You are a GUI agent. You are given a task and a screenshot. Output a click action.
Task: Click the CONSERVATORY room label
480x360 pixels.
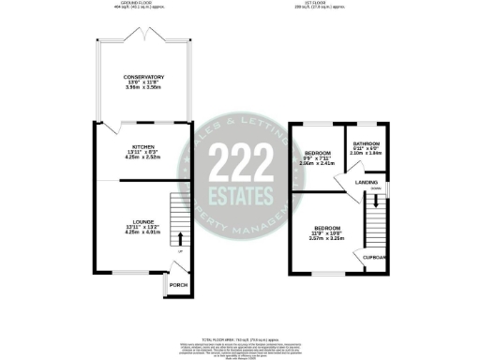[143, 76]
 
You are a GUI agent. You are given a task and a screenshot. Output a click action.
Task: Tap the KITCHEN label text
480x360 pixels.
[143, 147]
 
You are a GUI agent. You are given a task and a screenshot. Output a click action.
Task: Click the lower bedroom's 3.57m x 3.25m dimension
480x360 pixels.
[326, 240]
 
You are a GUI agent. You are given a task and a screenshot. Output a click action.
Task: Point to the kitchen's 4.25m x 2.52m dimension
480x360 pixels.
[143, 158]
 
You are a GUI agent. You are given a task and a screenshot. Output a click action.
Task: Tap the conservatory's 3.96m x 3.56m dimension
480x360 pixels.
[143, 88]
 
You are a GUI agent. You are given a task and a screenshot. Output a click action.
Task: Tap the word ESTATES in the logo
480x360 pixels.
[240, 194]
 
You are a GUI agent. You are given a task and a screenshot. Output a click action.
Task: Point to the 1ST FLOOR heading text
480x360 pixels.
[327, 5]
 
